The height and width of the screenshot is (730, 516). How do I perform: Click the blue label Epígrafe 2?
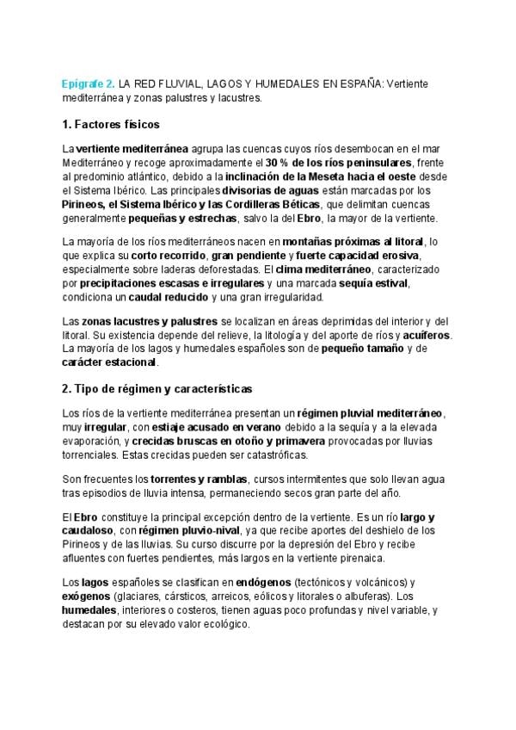[x=88, y=84]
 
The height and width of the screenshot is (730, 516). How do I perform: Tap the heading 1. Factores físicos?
[x=112, y=125]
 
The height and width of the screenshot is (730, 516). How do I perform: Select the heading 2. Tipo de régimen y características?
[x=157, y=388]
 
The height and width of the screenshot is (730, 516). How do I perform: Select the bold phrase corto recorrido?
[x=169, y=257]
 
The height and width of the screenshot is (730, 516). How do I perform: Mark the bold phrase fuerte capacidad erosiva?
[x=356, y=257]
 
